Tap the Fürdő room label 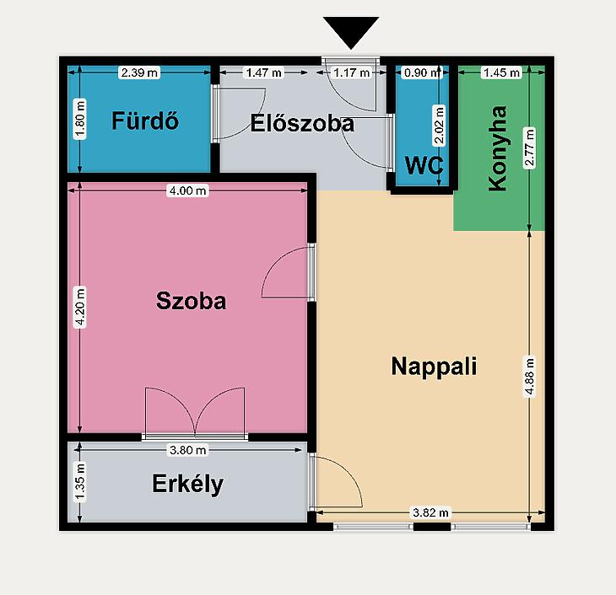(x=145, y=121)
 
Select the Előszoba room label (x=302, y=123)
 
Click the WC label (x=424, y=165)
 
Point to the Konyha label (x=497, y=148)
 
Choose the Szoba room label (x=191, y=301)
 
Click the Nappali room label (x=434, y=366)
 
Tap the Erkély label (x=187, y=484)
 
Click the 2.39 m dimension (x=139, y=72)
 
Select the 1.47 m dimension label (x=263, y=72)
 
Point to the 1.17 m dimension (x=351, y=72)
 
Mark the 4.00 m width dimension (x=188, y=190)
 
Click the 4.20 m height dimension (x=80, y=307)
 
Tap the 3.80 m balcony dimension (x=188, y=450)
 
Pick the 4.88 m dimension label (x=530, y=377)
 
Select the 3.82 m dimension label (x=430, y=512)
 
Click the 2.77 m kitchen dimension (x=530, y=148)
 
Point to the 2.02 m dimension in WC (x=440, y=126)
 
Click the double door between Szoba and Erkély (x=195, y=413)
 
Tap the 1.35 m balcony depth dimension (x=80, y=482)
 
